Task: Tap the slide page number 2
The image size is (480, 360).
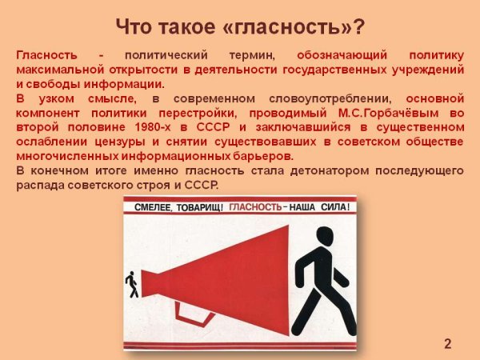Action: (x=448, y=345)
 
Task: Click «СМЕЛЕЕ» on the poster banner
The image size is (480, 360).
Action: (x=154, y=206)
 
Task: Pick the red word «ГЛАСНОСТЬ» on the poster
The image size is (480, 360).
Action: (x=254, y=206)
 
